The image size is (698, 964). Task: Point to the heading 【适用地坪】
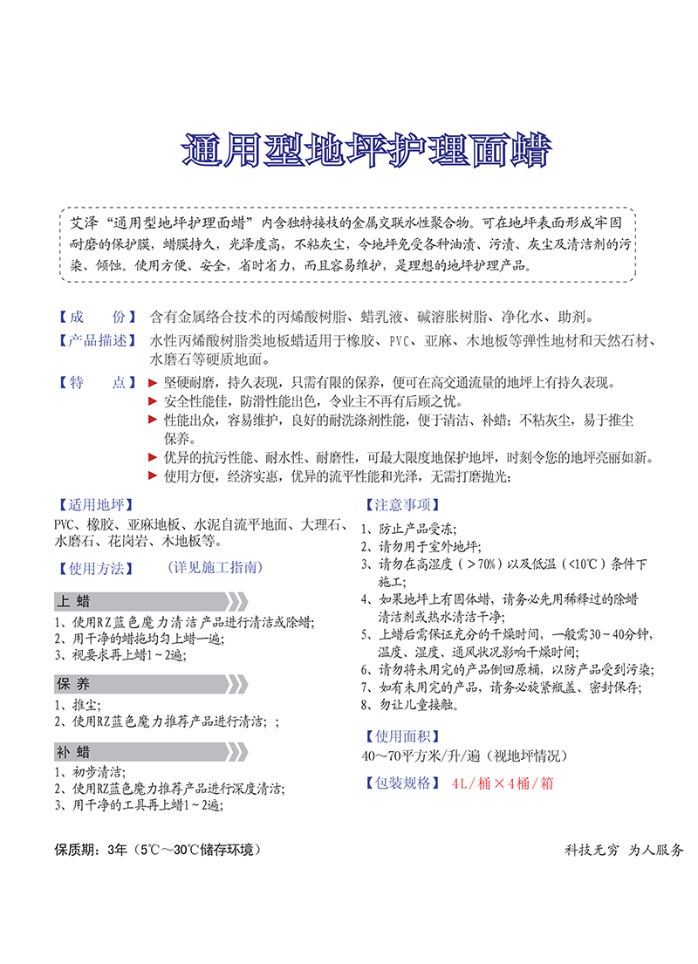click(91, 504)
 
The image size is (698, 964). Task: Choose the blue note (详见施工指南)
click(214, 567)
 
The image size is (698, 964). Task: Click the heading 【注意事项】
click(400, 505)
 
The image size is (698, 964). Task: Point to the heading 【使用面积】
click(400, 736)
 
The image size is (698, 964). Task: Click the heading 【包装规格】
click(400, 783)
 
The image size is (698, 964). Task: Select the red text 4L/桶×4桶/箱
click(503, 783)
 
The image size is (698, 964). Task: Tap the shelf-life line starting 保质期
click(157, 849)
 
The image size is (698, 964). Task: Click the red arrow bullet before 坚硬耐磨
click(154, 383)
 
